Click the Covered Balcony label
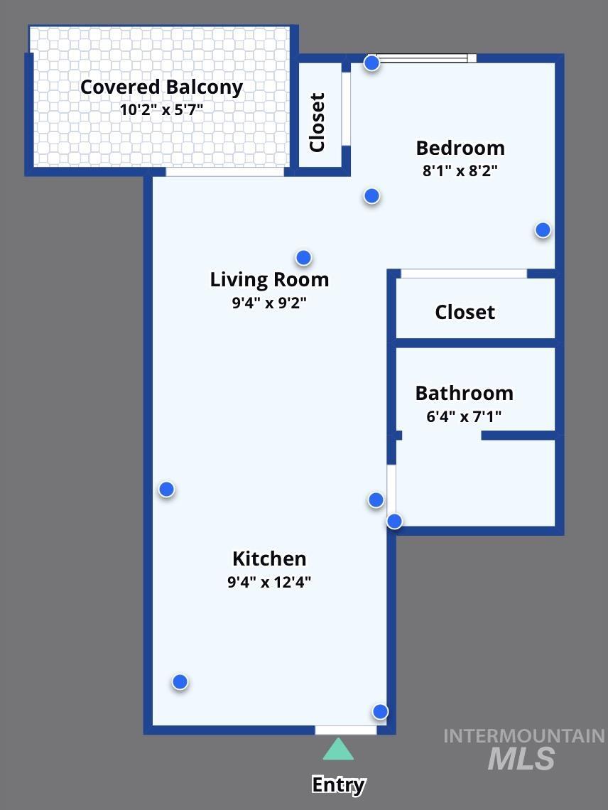(x=161, y=87)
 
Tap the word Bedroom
(x=460, y=148)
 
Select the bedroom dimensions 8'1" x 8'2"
(x=460, y=171)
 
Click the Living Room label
(x=269, y=279)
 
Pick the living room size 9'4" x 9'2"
(x=269, y=302)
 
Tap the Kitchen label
(x=269, y=558)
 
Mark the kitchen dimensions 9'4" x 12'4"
(x=269, y=582)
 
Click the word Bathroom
(x=464, y=394)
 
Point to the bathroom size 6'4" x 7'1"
(x=464, y=416)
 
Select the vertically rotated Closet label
(x=317, y=122)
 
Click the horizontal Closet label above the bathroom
(x=465, y=312)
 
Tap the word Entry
(x=338, y=785)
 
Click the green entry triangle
(x=338, y=750)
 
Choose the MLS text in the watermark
(x=521, y=759)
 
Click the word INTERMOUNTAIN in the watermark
(x=523, y=736)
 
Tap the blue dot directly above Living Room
(x=304, y=257)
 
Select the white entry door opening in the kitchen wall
(x=346, y=730)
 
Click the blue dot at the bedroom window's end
(x=371, y=63)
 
